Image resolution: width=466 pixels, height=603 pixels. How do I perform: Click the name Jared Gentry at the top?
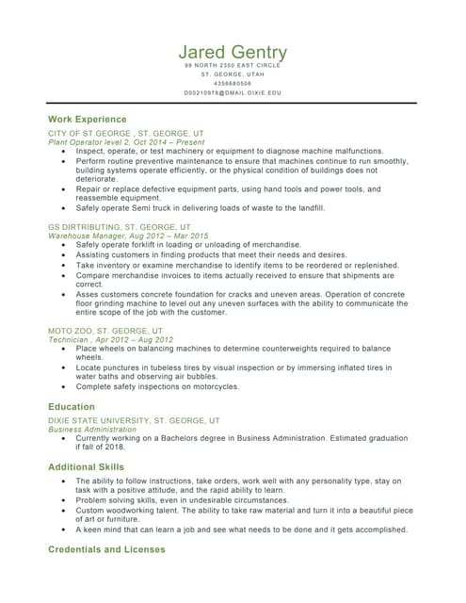[233, 52]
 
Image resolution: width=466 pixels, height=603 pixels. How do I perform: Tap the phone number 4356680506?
[233, 84]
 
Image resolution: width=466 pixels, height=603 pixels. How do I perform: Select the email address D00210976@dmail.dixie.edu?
[233, 93]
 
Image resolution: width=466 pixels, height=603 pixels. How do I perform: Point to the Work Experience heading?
[87, 120]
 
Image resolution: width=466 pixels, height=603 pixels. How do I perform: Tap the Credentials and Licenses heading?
[106, 549]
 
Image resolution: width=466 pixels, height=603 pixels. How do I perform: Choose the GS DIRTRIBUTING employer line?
[119, 227]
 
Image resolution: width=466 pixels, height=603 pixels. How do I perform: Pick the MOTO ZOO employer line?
[104, 332]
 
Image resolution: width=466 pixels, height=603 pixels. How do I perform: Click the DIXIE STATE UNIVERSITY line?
[134, 420]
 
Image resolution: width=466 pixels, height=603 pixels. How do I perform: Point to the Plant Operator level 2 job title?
[124, 142]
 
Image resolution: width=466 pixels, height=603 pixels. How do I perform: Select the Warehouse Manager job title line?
[128, 236]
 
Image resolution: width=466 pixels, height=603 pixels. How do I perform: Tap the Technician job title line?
[110, 339]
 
